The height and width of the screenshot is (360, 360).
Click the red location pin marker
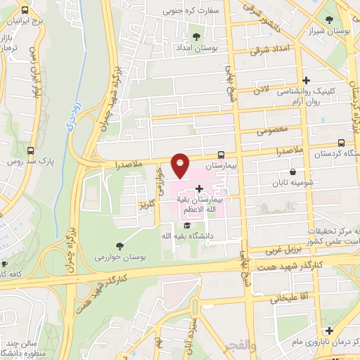pyautogui.click(x=181, y=166)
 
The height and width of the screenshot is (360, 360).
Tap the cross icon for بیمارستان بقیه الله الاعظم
pyautogui.click(x=200, y=188)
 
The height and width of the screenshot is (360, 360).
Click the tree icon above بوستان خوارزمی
pyautogui.click(x=118, y=245)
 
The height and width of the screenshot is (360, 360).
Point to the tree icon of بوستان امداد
pyautogui.click(x=195, y=37)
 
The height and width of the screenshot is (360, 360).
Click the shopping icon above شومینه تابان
pyautogui.click(x=292, y=172)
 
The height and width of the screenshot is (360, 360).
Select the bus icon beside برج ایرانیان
pyautogui.click(x=26, y=11)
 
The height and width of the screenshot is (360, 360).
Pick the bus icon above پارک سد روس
pyautogui.click(x=30, y=150)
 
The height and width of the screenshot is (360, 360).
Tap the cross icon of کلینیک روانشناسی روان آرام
pyautogui.click(x=305, y=81)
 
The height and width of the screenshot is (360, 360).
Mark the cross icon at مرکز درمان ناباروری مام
pyautogui.click(x=328, y=330)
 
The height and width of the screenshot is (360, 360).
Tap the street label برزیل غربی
pyautogui.click(x=285, y=250)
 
